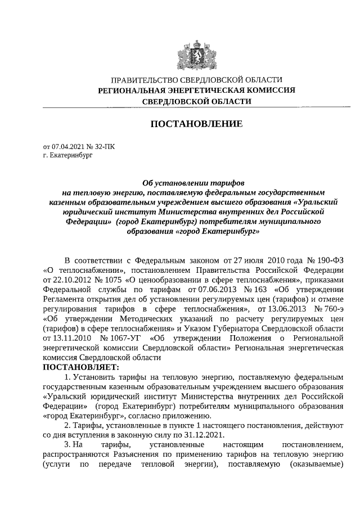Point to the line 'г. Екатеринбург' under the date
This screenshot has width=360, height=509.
click(x=67, y=155)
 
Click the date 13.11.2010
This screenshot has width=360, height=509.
click(x=63, y=338)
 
